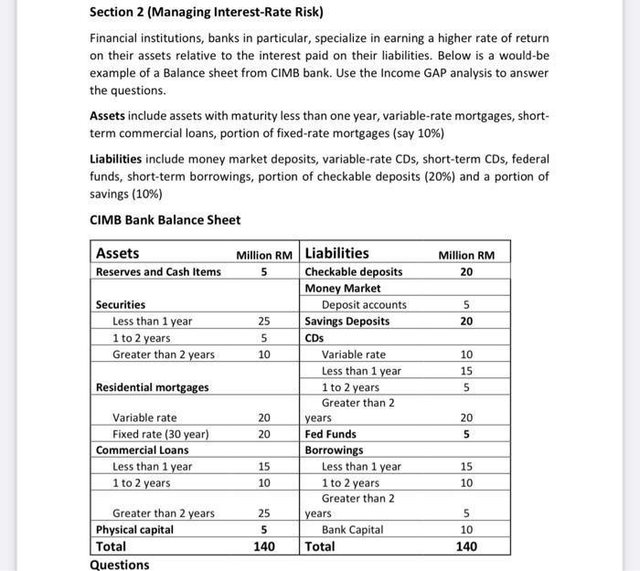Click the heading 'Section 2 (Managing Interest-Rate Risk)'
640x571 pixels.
tap(207, 13)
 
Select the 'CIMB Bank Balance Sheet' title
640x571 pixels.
tap(165, 219)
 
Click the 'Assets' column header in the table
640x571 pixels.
tap(118, 253)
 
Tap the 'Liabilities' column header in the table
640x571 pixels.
tap(336, 253)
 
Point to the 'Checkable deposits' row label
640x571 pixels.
tap(353, 271)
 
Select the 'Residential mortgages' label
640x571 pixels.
tap(152, 386)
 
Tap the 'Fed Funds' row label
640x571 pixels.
tap(330, 434)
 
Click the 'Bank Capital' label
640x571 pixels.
tap(352, 530)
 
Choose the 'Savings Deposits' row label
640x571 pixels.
tap(347, 321)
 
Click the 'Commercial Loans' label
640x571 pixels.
tap(142, 449)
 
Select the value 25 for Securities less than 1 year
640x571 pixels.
tap(263, 321)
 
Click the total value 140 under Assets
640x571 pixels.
tap(263, 546)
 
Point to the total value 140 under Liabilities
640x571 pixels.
tap(466, 546)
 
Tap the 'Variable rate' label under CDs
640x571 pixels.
tap(353, 354)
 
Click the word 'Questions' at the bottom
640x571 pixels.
tap(119, 565)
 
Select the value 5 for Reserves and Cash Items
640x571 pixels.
tap(263, 271)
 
